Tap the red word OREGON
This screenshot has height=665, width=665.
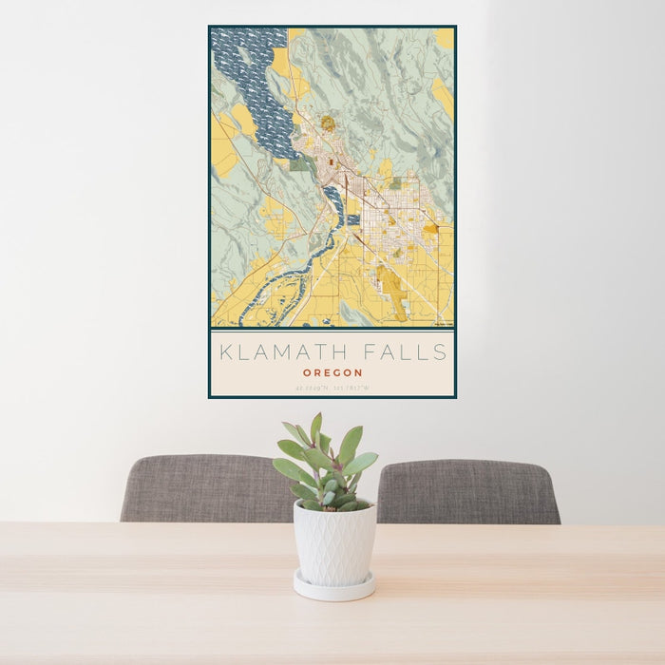tap(332, 373)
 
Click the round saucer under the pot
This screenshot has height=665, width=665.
tap(333, 588)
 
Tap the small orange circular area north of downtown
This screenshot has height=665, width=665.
tap(328, 123)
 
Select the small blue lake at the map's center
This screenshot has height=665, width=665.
tap(333, 200)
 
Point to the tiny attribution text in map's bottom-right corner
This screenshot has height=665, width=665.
tap(442, 325)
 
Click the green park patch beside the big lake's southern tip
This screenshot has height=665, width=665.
tap(301, 164)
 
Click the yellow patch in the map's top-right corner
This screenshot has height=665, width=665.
tap(445, 38)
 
